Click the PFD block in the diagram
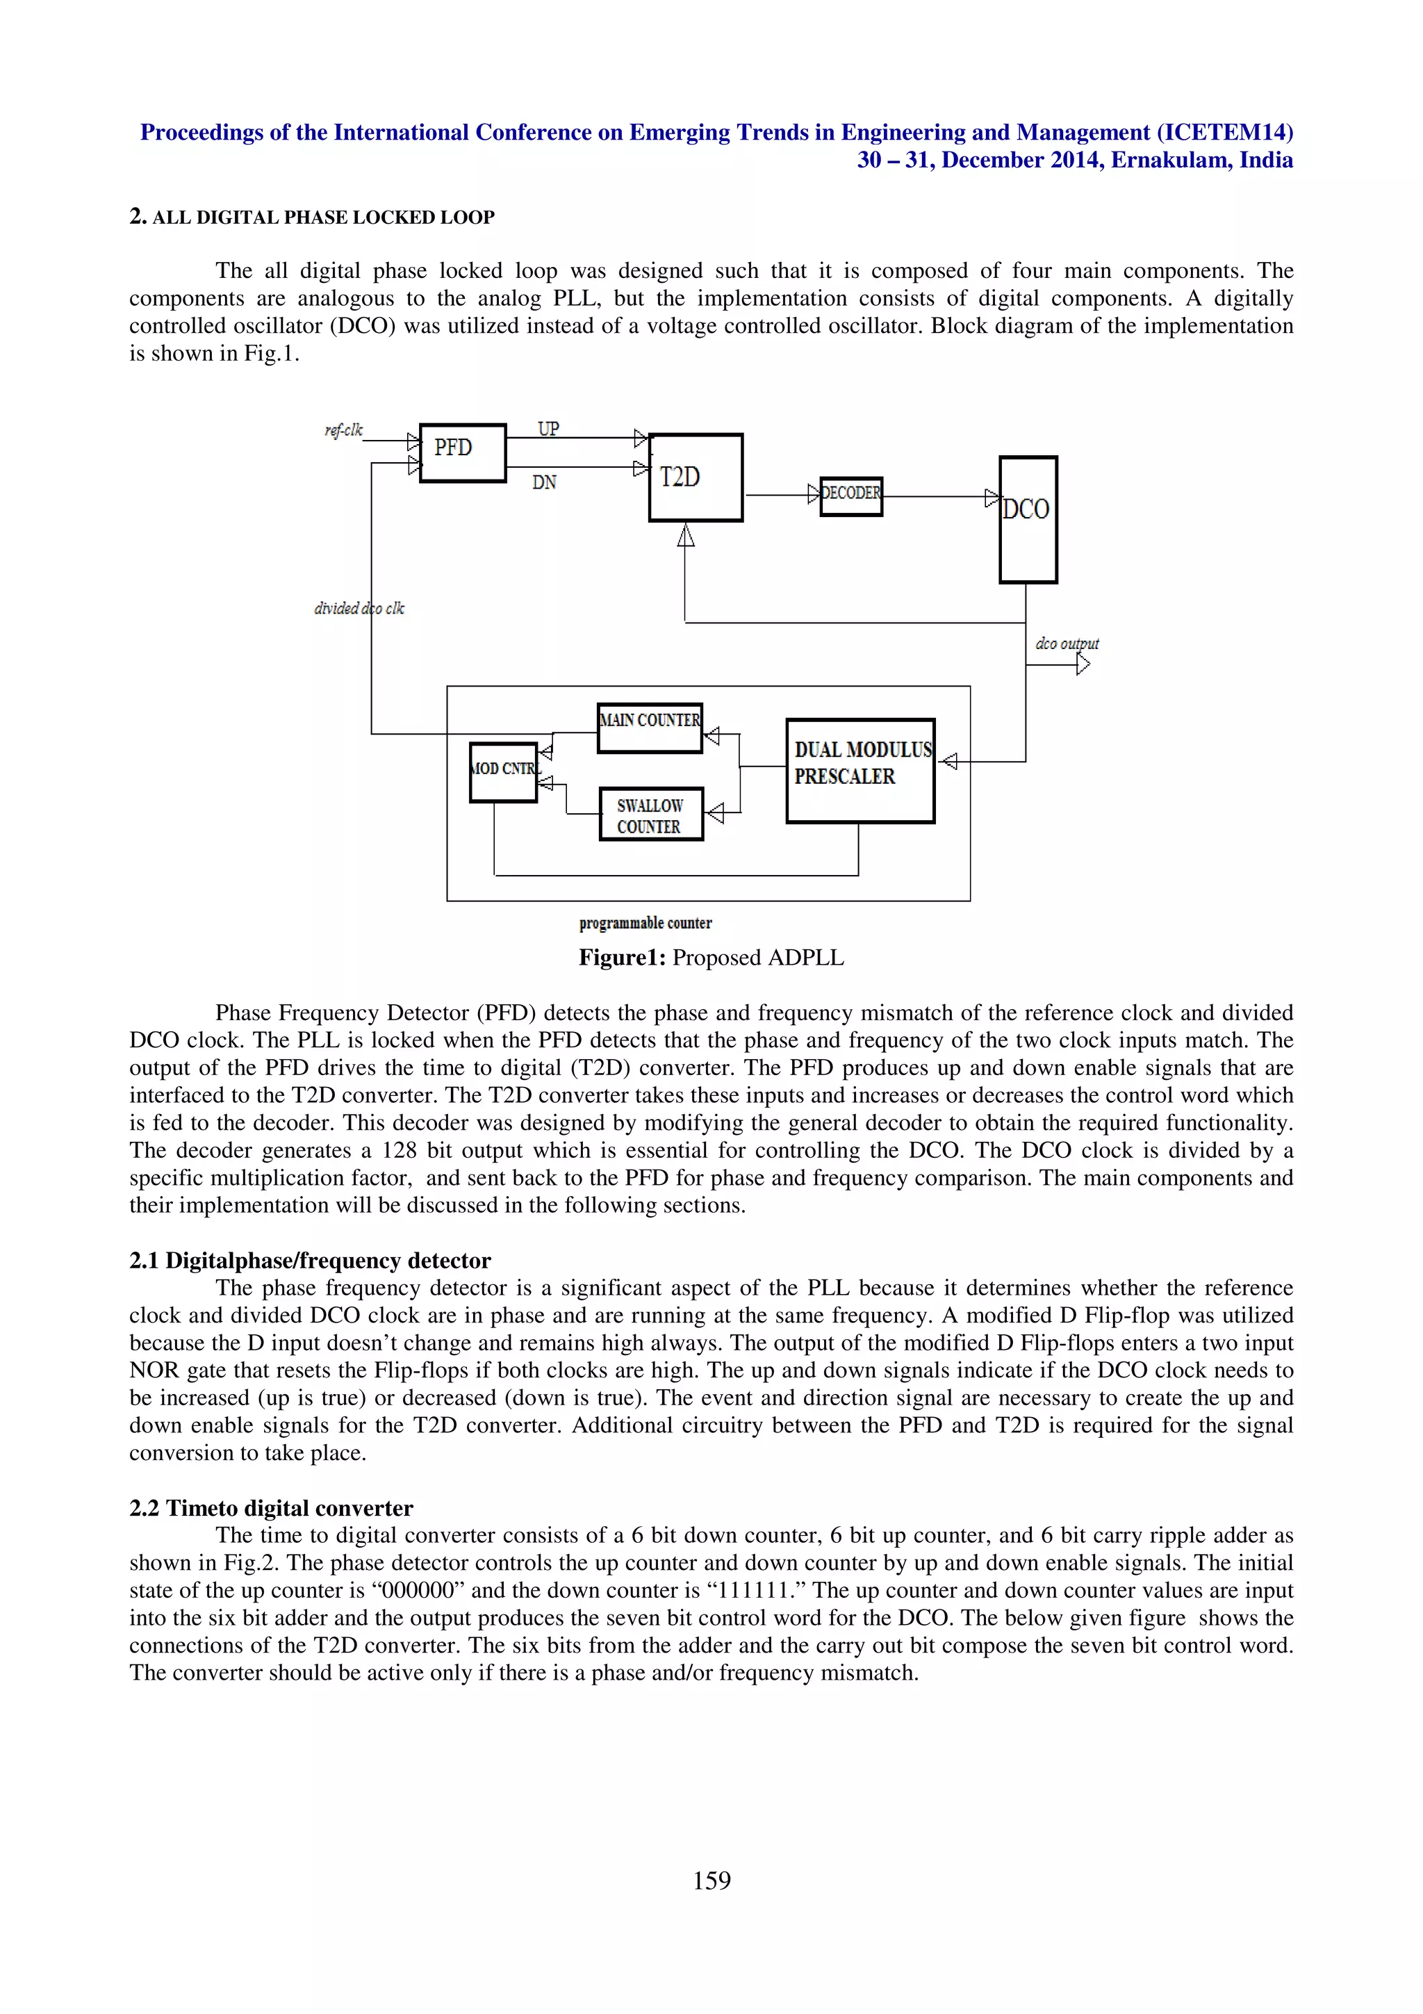[x=462, y=452]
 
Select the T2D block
[x=696, y=477]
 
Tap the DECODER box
[x=850, y=496]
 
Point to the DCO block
[x=1028, y=519]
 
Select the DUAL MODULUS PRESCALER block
[x=860, y=770]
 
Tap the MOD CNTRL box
[x=503, y=772]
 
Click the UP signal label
[x=548, y=429]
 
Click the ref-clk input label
[x=343, y=429]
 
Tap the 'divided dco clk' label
[x=359, y=608]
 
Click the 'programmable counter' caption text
[x=645, y=923]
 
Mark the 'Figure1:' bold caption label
[x=622, y=958]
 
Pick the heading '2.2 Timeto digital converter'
[x=271, y=1508]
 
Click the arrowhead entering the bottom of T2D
[x=686, y=534]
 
